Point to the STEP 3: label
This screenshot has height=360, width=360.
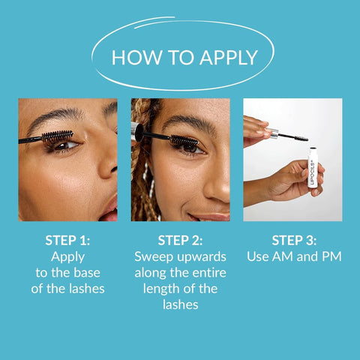pos(293,241)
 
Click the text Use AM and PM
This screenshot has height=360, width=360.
pos(293,256)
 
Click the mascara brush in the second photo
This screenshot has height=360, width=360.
pos(184,140)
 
